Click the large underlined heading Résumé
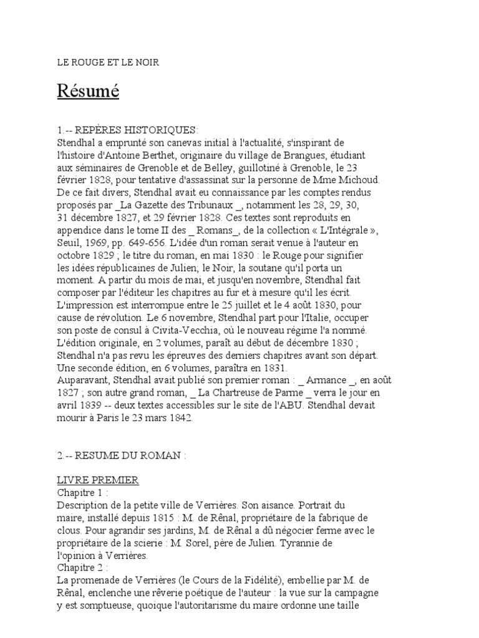[88, 92]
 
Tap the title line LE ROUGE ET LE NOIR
[108, 62]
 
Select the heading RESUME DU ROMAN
[129, 455]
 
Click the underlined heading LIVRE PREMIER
[98, 480]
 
